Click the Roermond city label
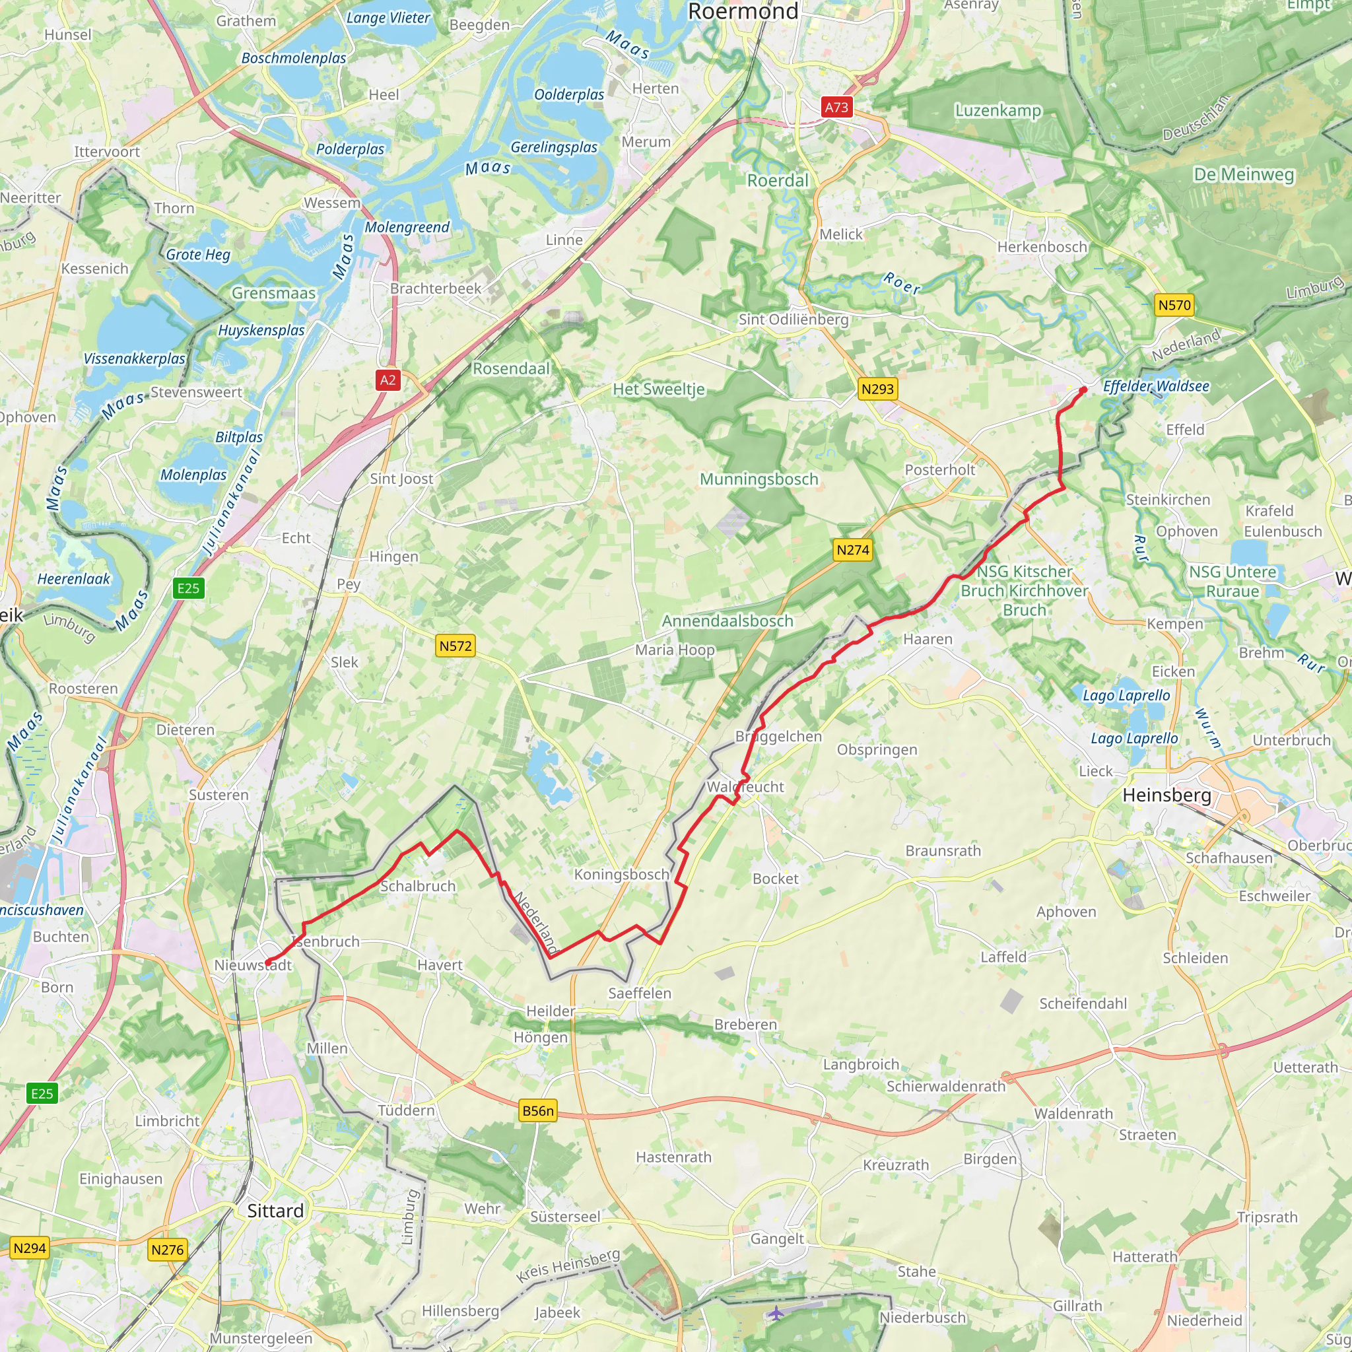tap(743, 11)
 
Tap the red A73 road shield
tap(836, 107)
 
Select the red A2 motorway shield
tap(388, 380)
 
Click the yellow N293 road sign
tap(877, 389)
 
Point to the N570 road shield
tap(1174, 305)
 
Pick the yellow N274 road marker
tap(853, 550)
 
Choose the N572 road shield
tap(456, 645)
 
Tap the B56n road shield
tap(537, 1110)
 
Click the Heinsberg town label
tap(1166, 795)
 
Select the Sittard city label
tap(276, 1211)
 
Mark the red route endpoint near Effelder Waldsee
tap(1083, 389)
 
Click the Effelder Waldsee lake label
tap(1155, 386)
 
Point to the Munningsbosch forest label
tap(759, 479)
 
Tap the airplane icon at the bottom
tap(776, 1313)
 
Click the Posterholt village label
tap(940, 469)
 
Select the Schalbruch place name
tap(418, 886)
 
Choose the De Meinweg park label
tap(1244, 174)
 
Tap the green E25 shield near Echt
tap(188, 588)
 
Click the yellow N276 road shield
tap(167, 1249)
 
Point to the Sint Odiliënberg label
tap(794, 320)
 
